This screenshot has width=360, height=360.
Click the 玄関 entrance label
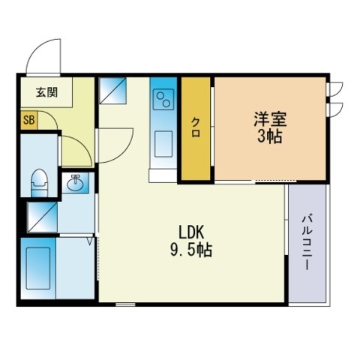point(46,92)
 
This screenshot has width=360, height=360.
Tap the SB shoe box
point(29,121)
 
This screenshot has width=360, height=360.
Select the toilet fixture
point(39,183)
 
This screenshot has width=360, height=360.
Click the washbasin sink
point(75,183)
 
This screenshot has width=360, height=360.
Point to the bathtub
point(38,268)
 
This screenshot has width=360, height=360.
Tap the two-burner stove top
point(163,99)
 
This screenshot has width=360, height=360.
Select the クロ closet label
point(196,127)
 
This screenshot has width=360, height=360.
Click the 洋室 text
point(270,119)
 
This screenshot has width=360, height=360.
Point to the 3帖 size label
point(270,136)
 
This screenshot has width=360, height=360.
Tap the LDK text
point(191,232)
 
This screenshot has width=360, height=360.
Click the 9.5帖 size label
point(191,250)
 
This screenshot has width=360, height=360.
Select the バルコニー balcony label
point(307,242)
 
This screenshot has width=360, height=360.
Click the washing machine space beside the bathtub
point(43,217)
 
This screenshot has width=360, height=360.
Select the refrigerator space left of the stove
point(112,91)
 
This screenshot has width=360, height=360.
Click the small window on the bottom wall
point(125,304)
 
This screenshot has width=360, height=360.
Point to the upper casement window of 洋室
point(334,88)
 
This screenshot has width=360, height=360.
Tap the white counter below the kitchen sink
point(163,175)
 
